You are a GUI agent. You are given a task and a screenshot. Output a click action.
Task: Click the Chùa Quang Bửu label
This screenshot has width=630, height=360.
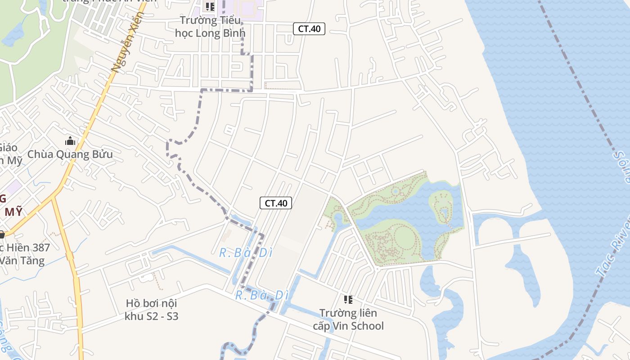70,154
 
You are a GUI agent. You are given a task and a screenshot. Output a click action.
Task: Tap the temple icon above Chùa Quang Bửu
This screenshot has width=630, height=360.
70,141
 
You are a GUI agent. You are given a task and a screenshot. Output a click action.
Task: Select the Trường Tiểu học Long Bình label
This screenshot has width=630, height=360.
210,27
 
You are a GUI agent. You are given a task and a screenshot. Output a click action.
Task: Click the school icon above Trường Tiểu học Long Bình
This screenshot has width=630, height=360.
210,6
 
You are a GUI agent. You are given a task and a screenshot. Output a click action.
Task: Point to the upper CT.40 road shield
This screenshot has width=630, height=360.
309,29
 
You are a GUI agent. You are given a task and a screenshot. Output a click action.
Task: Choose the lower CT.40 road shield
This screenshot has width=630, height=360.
276,203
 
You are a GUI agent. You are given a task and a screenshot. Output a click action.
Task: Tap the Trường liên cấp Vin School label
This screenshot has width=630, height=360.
348,319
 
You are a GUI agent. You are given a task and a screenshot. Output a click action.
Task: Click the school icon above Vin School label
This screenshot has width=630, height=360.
348,299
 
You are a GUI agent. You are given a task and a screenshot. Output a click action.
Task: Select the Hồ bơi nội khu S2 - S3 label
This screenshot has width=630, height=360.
152,310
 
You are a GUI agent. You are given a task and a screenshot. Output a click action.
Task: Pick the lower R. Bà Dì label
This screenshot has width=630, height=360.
261,296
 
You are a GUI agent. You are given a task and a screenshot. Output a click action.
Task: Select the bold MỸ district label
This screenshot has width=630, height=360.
13,212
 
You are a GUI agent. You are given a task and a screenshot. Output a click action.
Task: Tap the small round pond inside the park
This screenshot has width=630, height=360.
395,192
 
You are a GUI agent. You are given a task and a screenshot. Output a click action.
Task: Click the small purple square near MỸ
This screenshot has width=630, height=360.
14,186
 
